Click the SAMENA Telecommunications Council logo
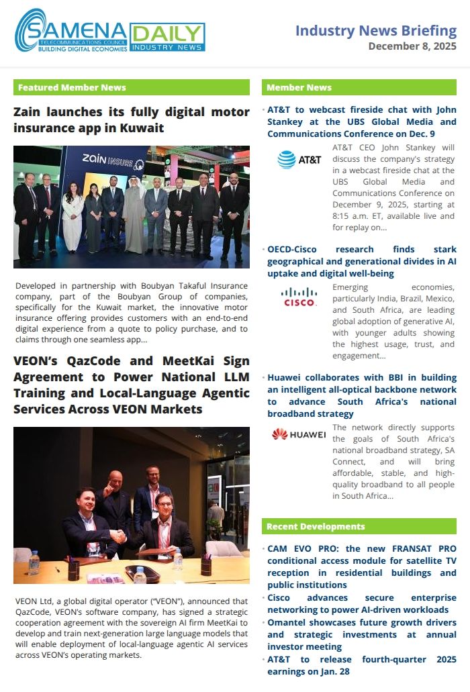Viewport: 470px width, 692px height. click(x=70, y=32)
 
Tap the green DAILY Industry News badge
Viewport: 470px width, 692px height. click(x=167, y=37)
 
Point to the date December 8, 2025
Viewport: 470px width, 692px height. click(x=412, y=46)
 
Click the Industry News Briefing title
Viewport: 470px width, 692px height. click(x=375, y=30)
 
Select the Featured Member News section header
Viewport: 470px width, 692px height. click(x=72, y=87)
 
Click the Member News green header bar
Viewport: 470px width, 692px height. click(x=359, y=87)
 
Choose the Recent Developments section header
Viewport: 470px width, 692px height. click(x=359, y=526)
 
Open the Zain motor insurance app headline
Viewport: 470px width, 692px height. click(x=131, y=119)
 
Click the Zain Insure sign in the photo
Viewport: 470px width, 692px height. click(x=113, y=159)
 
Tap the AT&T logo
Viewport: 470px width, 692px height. click(x=299, y=160)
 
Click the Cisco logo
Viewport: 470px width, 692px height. click(x=299, y=297)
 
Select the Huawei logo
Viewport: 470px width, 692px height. click(x=299, y=434)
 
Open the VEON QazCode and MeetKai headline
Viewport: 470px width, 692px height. click(x=131, y=385)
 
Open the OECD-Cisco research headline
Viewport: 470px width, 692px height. click(x=361, y=261)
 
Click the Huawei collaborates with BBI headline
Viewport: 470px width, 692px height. click(x=361, y=395)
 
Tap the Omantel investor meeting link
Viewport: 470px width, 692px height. click(x=361, y=634)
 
